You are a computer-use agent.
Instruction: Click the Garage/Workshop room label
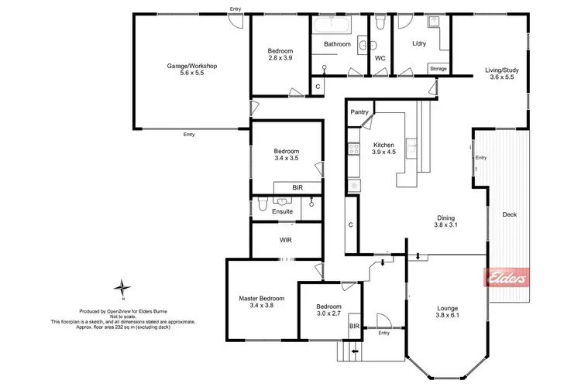pos(192,67)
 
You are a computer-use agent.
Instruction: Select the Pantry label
pos(359,112)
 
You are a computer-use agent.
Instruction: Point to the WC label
pos(380,58)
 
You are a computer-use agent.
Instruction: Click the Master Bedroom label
pos(261,298)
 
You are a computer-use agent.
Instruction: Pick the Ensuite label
pos(282,211)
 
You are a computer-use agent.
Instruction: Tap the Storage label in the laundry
pos(438,69)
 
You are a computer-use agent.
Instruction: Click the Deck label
pos(509,214)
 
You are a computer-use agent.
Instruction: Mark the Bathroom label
pos(338,44)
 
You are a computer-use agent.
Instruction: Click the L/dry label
pos(419,44)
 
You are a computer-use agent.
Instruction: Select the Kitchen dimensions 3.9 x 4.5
pos(384,152)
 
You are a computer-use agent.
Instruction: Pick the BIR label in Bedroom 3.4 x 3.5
pos(297,187)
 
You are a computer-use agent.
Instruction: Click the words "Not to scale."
pos(122,316)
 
